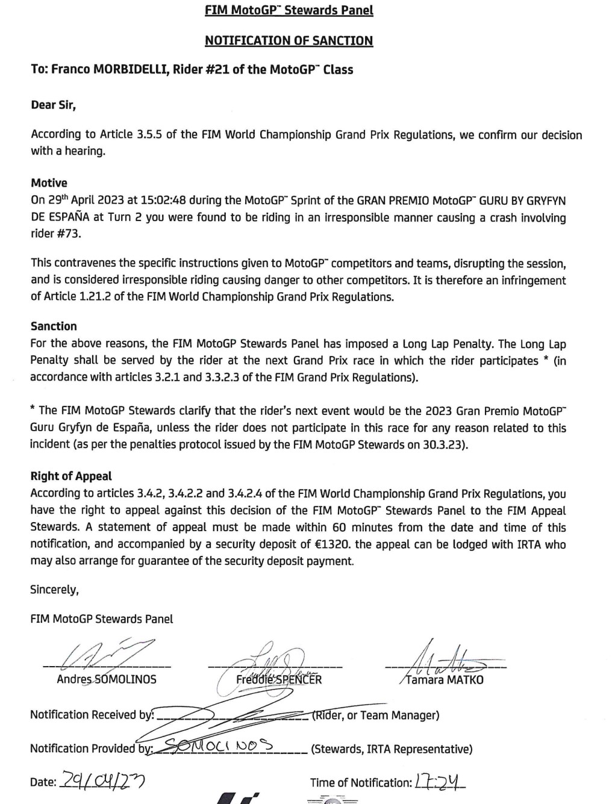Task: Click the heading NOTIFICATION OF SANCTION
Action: point(289,41)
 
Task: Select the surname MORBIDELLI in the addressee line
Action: point(128,70)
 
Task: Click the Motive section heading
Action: point(49,183)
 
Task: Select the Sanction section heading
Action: point(54,326)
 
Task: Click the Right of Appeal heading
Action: point(71,476)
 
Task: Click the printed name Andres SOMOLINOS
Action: point(107,679)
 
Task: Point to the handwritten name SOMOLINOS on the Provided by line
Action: point(226,747)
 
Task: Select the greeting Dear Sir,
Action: point(53,105)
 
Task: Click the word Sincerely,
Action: point(54,589)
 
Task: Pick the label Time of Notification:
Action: point(361,783)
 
